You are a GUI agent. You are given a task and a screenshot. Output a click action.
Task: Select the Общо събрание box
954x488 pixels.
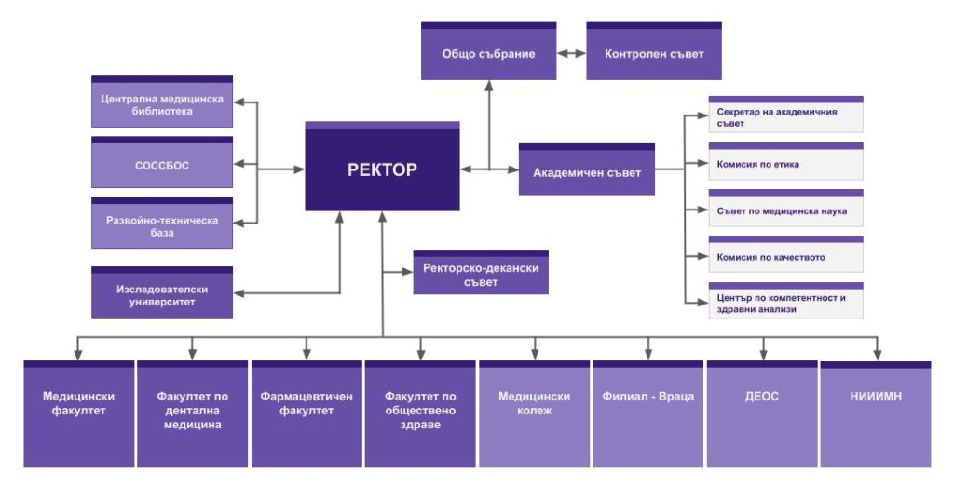(x=488, y=53)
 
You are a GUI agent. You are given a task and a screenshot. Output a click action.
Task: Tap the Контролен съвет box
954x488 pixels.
(x=654, y=53)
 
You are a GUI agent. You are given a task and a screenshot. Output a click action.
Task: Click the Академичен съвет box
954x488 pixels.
(x=586, y=171)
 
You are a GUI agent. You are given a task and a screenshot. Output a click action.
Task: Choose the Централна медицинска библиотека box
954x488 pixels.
(x=162, y=103)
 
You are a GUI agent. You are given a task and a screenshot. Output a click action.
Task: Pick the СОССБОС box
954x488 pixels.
(x=162, y=165)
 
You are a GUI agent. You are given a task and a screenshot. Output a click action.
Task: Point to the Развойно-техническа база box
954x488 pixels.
(x=162, y=225)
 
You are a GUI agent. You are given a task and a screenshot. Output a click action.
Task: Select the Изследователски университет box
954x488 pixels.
(x=162, y=294)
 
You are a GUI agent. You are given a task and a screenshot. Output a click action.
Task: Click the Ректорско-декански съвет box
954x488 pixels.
(x=481, y=274)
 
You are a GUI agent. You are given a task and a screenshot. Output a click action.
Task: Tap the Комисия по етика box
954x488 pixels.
(x=785, y=163)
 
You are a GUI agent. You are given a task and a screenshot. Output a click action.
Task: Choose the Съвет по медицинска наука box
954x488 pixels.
(x=785, y=210)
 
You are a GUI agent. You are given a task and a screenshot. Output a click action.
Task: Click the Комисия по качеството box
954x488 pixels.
(x=785, y=257)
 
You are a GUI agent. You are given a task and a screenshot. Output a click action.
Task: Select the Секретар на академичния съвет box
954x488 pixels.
(x=785, y=115)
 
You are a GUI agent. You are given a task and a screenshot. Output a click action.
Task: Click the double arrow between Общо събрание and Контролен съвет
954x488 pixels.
(x=571, y=54)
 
